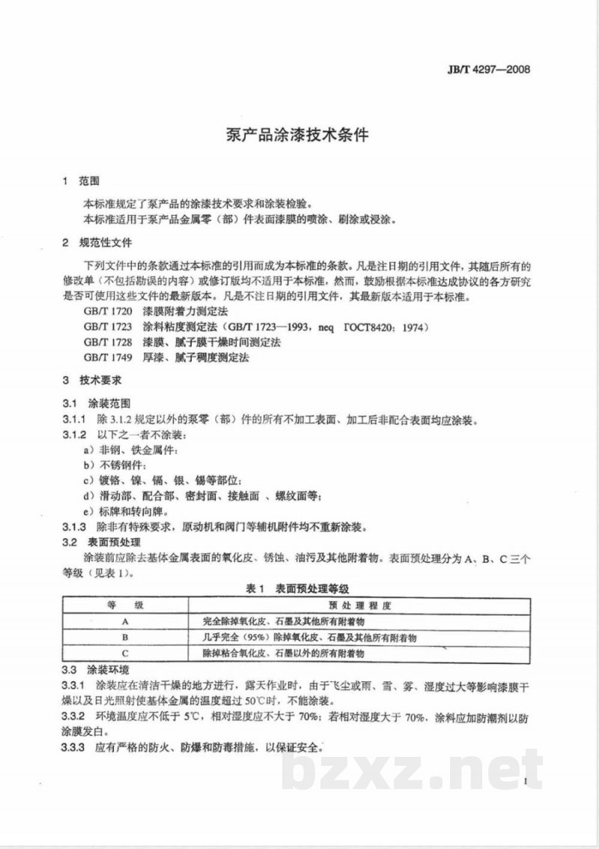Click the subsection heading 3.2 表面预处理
[x=100, y=541]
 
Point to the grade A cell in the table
[x=126, y=621]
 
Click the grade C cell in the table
[x=126, y=654]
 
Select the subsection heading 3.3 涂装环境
[x=95, y=669]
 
